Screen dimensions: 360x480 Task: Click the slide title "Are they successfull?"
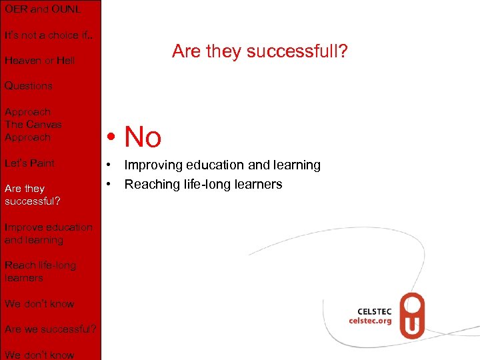tap(259, 51)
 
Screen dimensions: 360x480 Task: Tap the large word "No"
tap(143, 137)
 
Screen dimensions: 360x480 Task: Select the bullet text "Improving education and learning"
tap(222, 165)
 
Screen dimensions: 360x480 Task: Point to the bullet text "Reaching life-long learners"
tap(203, 184)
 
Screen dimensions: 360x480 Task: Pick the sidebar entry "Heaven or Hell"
tap(39, 61)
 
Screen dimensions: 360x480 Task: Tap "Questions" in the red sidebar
tap(28, 86)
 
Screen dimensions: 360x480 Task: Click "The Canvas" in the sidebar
tap(33, 125)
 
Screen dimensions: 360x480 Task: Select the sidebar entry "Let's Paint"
tap(30, 163)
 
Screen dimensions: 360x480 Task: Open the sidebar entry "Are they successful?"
tap(33, 195)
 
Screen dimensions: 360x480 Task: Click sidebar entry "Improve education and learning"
tap(48, 233)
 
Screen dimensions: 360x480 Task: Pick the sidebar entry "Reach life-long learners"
tap(40, 271)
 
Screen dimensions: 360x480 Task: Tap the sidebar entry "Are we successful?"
tap(51, 329)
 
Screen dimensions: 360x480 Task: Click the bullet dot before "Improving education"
tap(105, 165)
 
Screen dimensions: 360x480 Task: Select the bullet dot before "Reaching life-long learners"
tap(105, 185)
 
